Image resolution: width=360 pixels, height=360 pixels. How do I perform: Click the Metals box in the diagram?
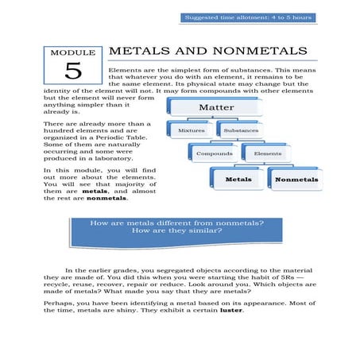pos(238,179)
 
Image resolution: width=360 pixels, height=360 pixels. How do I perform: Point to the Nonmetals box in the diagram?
pos(295,180)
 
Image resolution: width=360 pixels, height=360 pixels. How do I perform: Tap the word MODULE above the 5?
pos(72,53)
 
